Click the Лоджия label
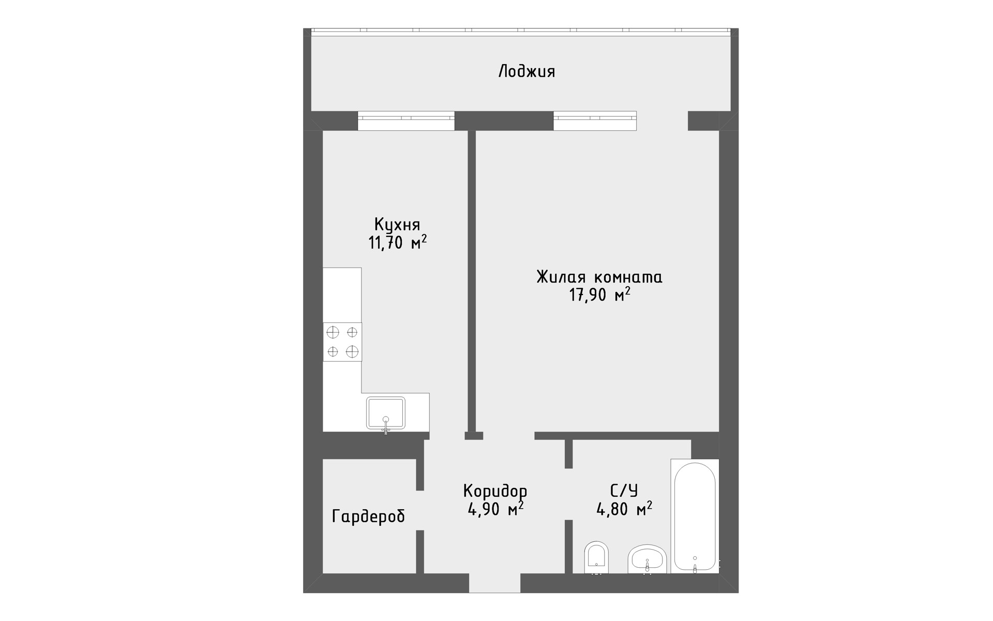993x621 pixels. pyautogui.click(x=526, y=71)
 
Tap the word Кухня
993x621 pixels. pyautogui.click(x=397, y=225)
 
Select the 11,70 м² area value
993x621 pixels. pyautogui.click(x=397, y=242)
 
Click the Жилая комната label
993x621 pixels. pyautogui.click(x=599, y=277)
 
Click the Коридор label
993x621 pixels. pyautogui.click(x=495, y=491)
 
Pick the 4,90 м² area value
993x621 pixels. pyautogui.click(x=495, y=509)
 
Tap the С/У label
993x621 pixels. pyautogui.click(x=624, y=491)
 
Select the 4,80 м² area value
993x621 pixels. pyautogui.click(x=624, y=509)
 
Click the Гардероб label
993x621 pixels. pyautogui.click(x=368, y=516)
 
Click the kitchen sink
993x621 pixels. pyautogui.click(x=386, y=413)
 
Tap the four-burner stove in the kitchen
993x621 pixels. pyautogui.click(x=342, y=342)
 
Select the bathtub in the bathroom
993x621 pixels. pyautogui.click(x=695, y=516)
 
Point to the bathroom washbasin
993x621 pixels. pyautogui.click(x=647, y=559)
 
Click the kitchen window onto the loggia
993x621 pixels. pyautogui.click(x=406, y=121)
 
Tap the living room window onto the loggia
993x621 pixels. pyautogui.click(x=595, y=121)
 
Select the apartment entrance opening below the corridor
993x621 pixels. pyautogui.click(x=494, y=583)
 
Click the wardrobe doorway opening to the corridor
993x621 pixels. pyautogui.click(x=420, y=510)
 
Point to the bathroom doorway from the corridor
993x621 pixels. pyautogui.click(x=568, y=494)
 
